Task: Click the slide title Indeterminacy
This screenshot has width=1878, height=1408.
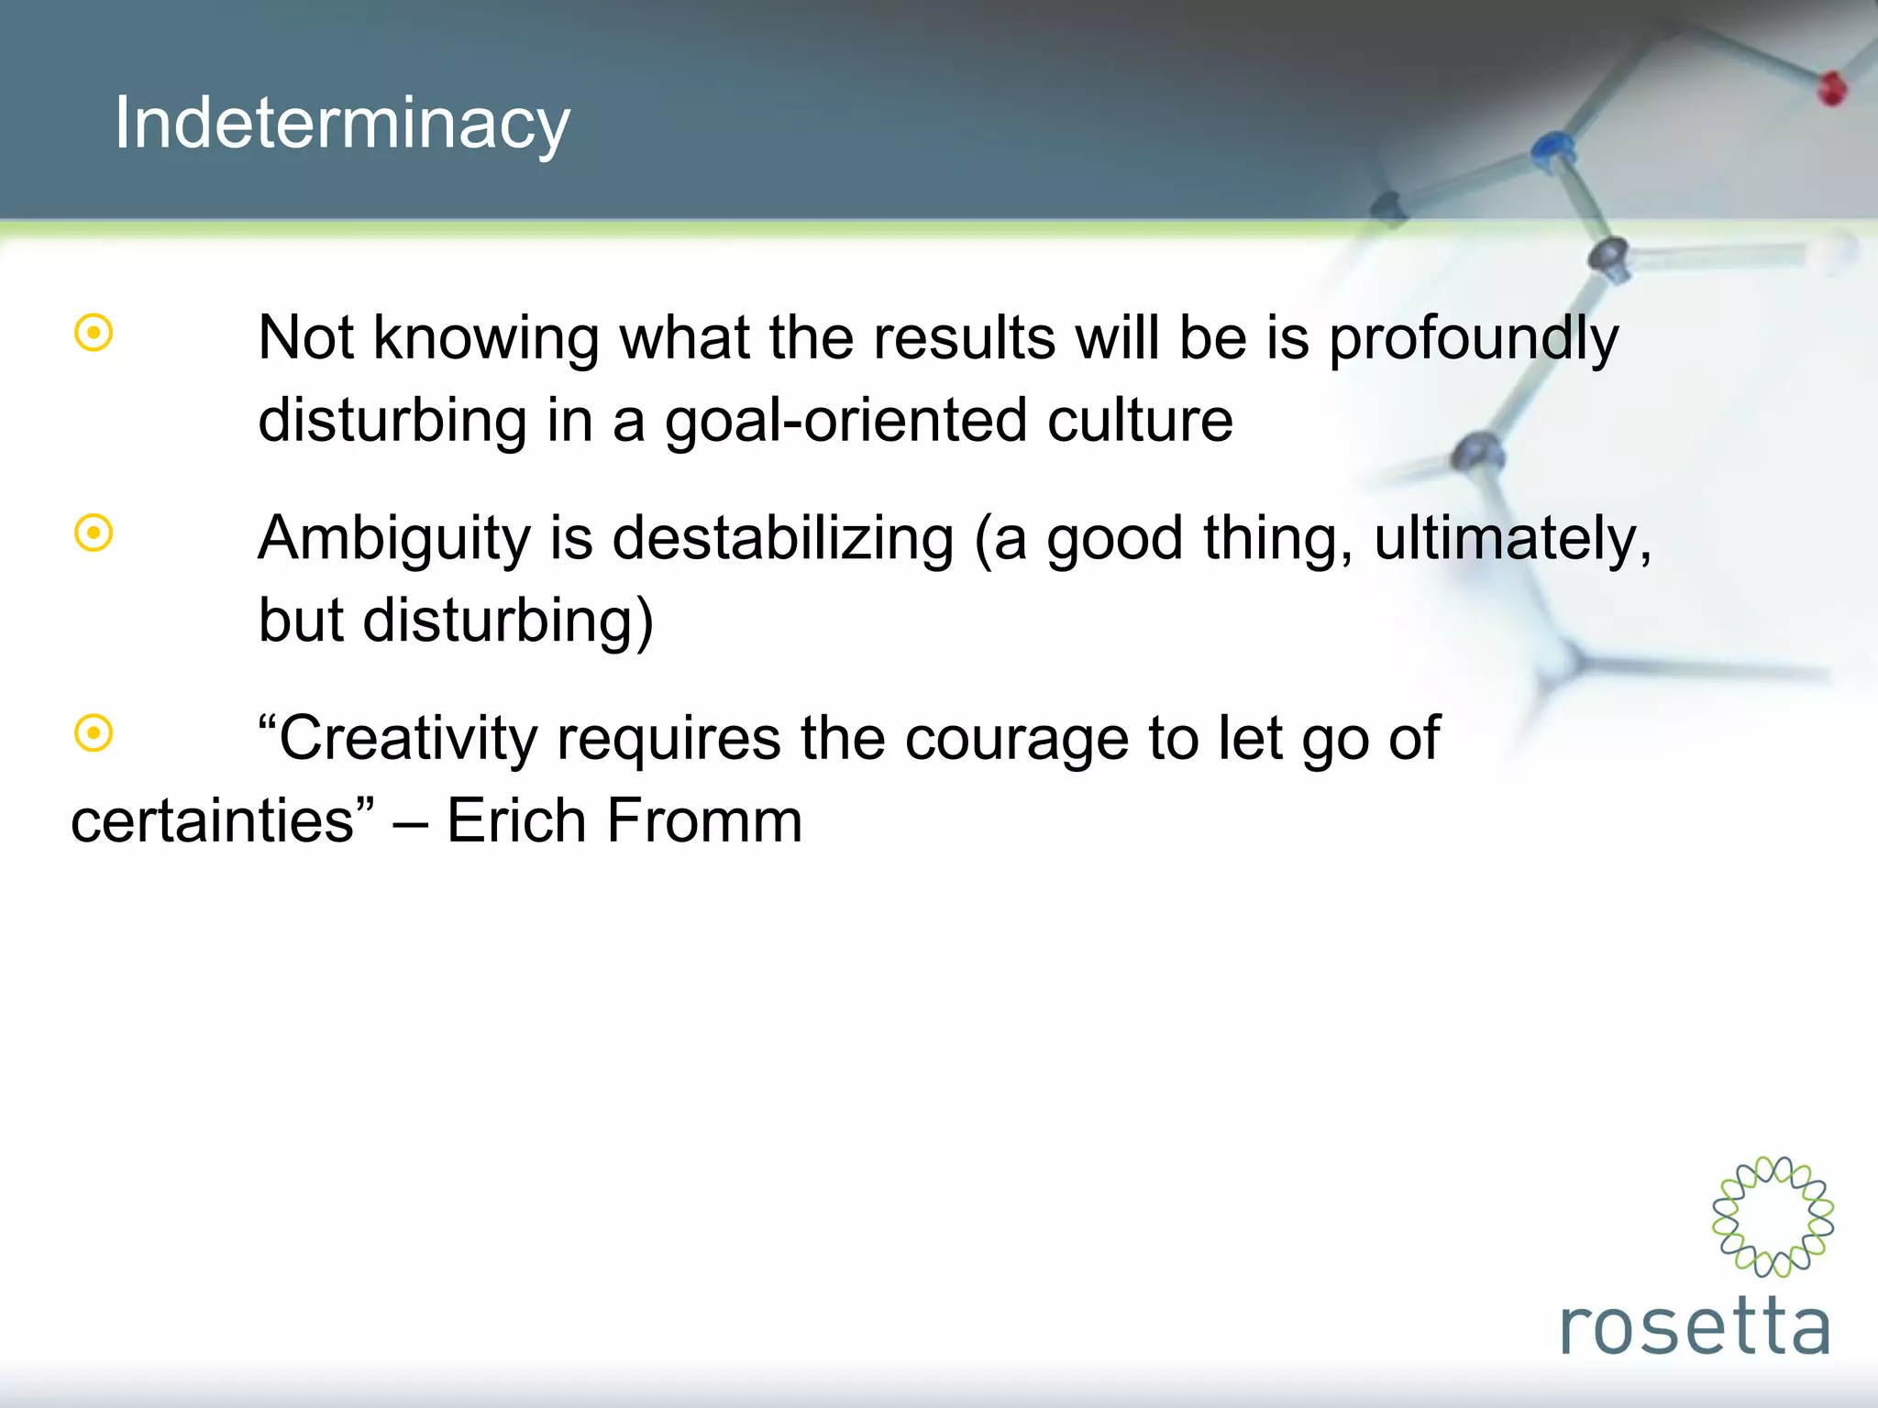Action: click(341, 124)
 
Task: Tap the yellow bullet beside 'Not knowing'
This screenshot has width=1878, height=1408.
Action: click(94, 333)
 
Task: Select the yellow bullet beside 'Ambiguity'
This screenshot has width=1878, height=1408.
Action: click(94, 533)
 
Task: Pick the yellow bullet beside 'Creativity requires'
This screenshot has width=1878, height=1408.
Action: click(94, 732)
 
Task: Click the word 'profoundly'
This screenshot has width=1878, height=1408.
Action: click(1473, 339)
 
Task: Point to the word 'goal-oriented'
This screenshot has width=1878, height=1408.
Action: click(845, 422)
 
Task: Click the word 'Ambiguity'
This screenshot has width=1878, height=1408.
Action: click(394, 539)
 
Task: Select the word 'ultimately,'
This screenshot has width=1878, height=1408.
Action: click(1512, 539)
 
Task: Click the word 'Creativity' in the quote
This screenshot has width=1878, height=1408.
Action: click(408, 738)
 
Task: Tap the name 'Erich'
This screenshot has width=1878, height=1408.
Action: click(515, 820)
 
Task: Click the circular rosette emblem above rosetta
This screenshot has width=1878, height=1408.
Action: click(1773, 1216)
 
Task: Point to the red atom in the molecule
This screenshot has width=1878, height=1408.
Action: click(1831, 88)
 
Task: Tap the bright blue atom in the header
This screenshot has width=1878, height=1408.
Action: click(1552, 148)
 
